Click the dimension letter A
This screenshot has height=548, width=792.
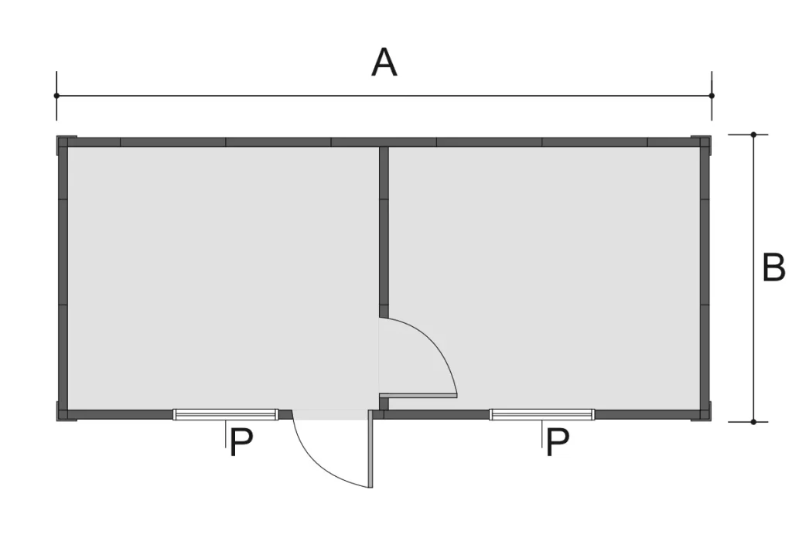coord(384,63)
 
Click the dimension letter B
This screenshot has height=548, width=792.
coord(773,267)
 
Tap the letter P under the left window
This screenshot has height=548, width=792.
coord(241,442)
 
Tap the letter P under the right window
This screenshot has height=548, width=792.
coord(558,442)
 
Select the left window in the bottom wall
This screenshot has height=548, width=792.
coord(225,415)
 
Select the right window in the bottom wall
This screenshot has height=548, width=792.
coord(542,415)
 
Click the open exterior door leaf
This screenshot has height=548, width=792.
coord(370,448)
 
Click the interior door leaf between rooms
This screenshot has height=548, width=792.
coord(418,396)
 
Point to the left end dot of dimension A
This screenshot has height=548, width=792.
coord(56,95)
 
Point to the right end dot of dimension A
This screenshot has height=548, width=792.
coord(712,95)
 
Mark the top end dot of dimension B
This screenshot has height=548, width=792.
coord(753,134)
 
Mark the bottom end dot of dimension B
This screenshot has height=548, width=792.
coord(753,422)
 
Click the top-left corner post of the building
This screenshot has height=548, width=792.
coord(63,141)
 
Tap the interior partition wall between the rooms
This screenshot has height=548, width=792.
coord(384,232)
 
